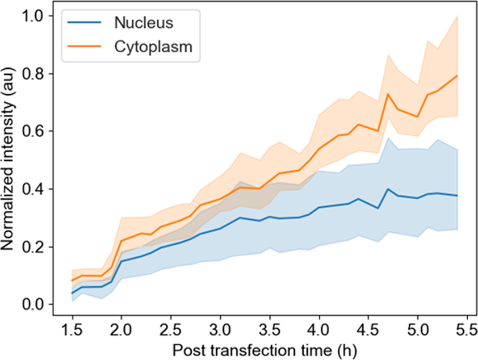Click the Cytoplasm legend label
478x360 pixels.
pos(153,48)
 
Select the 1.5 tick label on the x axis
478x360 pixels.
pos(73,329)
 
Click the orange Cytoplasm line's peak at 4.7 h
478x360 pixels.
pos(388,94)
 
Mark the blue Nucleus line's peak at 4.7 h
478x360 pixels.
pos(388,189)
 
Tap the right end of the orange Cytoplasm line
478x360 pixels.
pos(457,76)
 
